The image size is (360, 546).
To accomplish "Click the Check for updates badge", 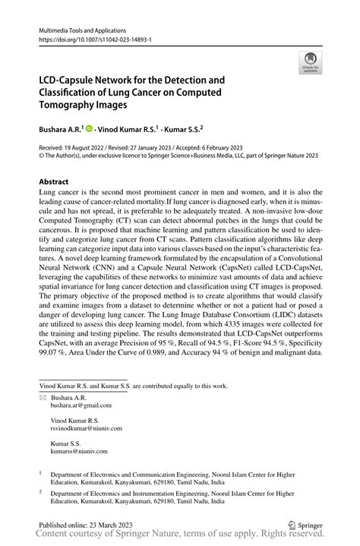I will click(309, 62).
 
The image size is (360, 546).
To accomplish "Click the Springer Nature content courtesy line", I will click(180, 535).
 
